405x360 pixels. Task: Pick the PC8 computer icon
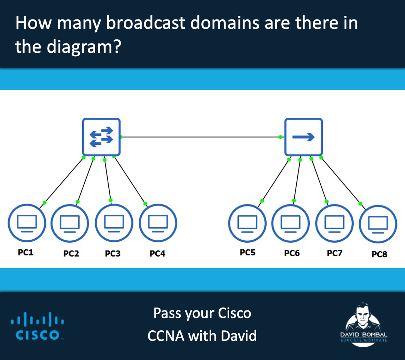378,224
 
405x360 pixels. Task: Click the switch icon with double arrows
101,137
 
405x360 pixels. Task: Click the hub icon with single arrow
303,137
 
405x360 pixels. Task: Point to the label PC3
112,254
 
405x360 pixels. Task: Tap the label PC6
292,253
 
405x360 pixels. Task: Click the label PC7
334,253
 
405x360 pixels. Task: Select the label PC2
71,254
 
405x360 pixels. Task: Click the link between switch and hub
201,137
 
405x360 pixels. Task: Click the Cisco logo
37,327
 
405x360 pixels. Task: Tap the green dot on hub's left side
280,137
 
